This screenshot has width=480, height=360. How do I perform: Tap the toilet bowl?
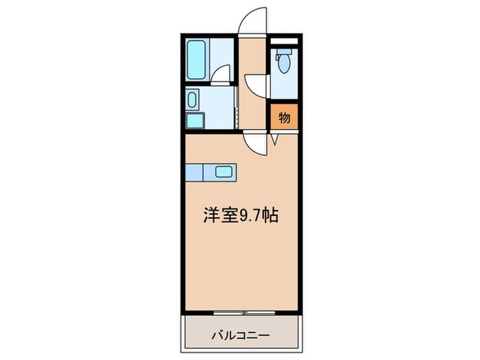coord(284,65)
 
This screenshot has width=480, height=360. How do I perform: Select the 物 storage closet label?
coord(285,117)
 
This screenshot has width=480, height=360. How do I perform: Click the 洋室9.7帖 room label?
coord(239,215)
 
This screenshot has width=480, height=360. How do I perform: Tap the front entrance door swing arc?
coord(254,21)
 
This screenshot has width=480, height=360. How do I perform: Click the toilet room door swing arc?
coord(257,86)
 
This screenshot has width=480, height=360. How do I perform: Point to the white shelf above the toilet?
coord(284,43)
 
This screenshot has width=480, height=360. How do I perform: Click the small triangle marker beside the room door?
coord(274,140)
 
